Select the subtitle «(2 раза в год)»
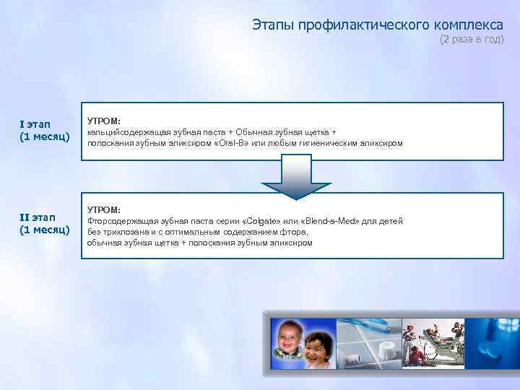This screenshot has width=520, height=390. pos(472,40)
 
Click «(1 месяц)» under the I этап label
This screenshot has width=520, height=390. pos(45,136)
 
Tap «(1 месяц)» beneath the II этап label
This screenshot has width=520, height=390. pos(45,230)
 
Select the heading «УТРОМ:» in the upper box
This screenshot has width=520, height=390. pos(104,121)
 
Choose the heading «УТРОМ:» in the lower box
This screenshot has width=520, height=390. pos(104,209)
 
